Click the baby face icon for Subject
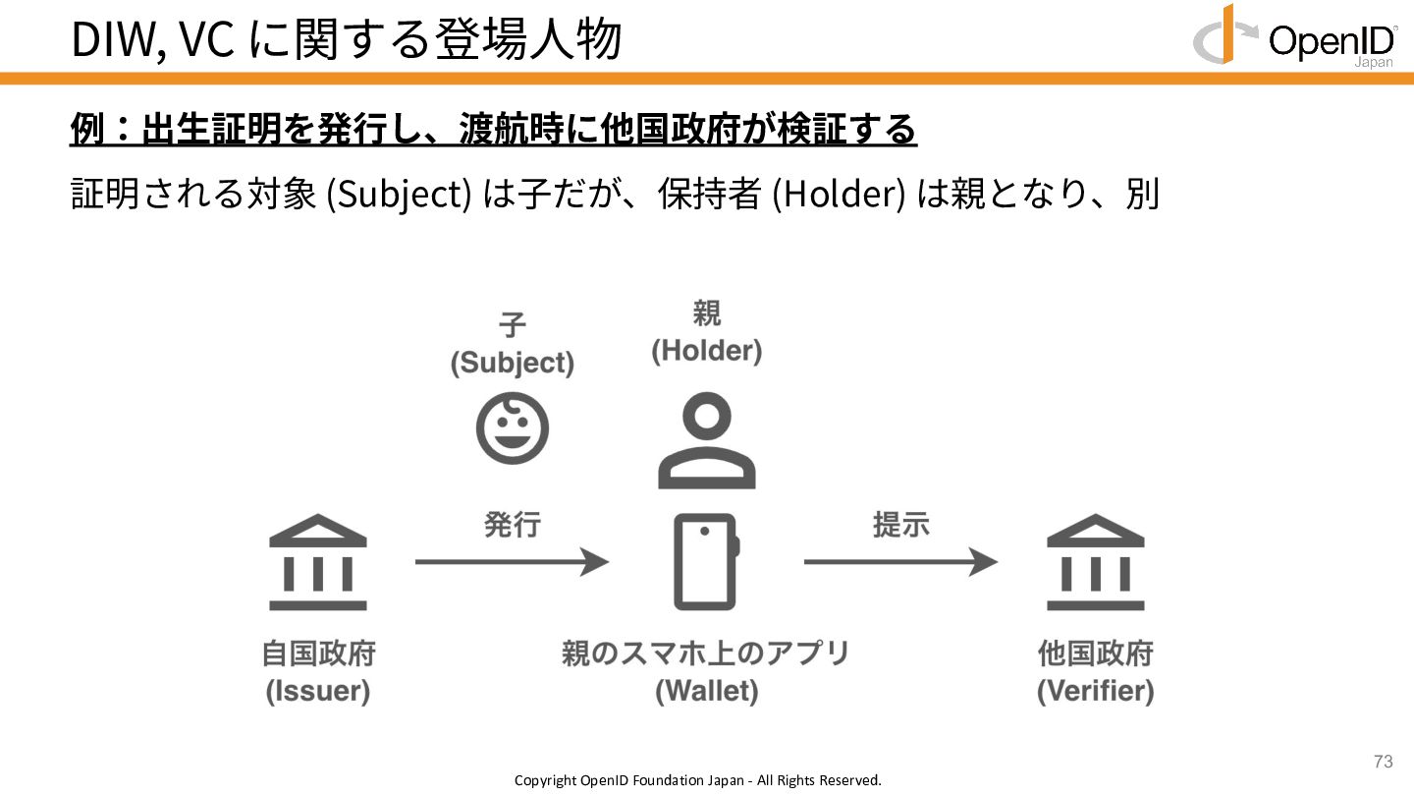[x=512, y=428]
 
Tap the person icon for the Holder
[x=707, y=442]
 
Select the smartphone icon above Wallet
[x=706, y=562]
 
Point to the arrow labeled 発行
[x=512, y=562]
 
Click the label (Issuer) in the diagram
[x=318, y=691]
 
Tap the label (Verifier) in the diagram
[x=1096, y=691]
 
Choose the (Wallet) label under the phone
[x=707, y=691]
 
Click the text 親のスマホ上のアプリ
[x=706, y=654]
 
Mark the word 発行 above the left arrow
[x=512, y=525]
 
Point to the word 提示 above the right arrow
[x=900, y=525]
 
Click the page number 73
[x=1383, y=762]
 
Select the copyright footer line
[x=698, y=780]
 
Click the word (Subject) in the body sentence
[x=399, y=195]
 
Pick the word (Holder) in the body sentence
[x=839, y=195]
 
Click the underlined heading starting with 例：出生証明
[x=493, y=130]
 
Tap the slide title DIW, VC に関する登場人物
[x=347, y=39]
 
